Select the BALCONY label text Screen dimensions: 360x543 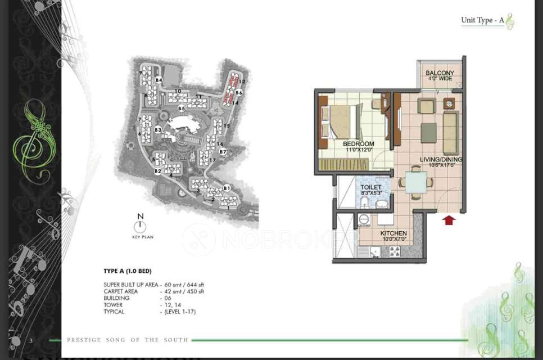click(x=440, y=73)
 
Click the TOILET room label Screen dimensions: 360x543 click(x=370, y=187)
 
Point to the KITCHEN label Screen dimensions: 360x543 click(x=393, y=233)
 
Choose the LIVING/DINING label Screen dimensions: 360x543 click(x=441, y=160)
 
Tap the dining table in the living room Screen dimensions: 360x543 click(x=416, y=182)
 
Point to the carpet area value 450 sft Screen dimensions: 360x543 click(x=193, y=291)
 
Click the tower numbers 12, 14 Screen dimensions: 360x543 click(x=170, y=304)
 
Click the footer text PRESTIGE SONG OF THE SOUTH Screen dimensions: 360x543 click(x=128, y=340)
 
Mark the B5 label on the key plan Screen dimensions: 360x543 click(x=182, y=108)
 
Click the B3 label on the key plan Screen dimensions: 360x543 click(x=159, y=130)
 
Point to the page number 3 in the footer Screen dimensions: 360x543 click(x=32, y=340)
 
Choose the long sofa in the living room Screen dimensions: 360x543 click(x=450, y=132)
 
